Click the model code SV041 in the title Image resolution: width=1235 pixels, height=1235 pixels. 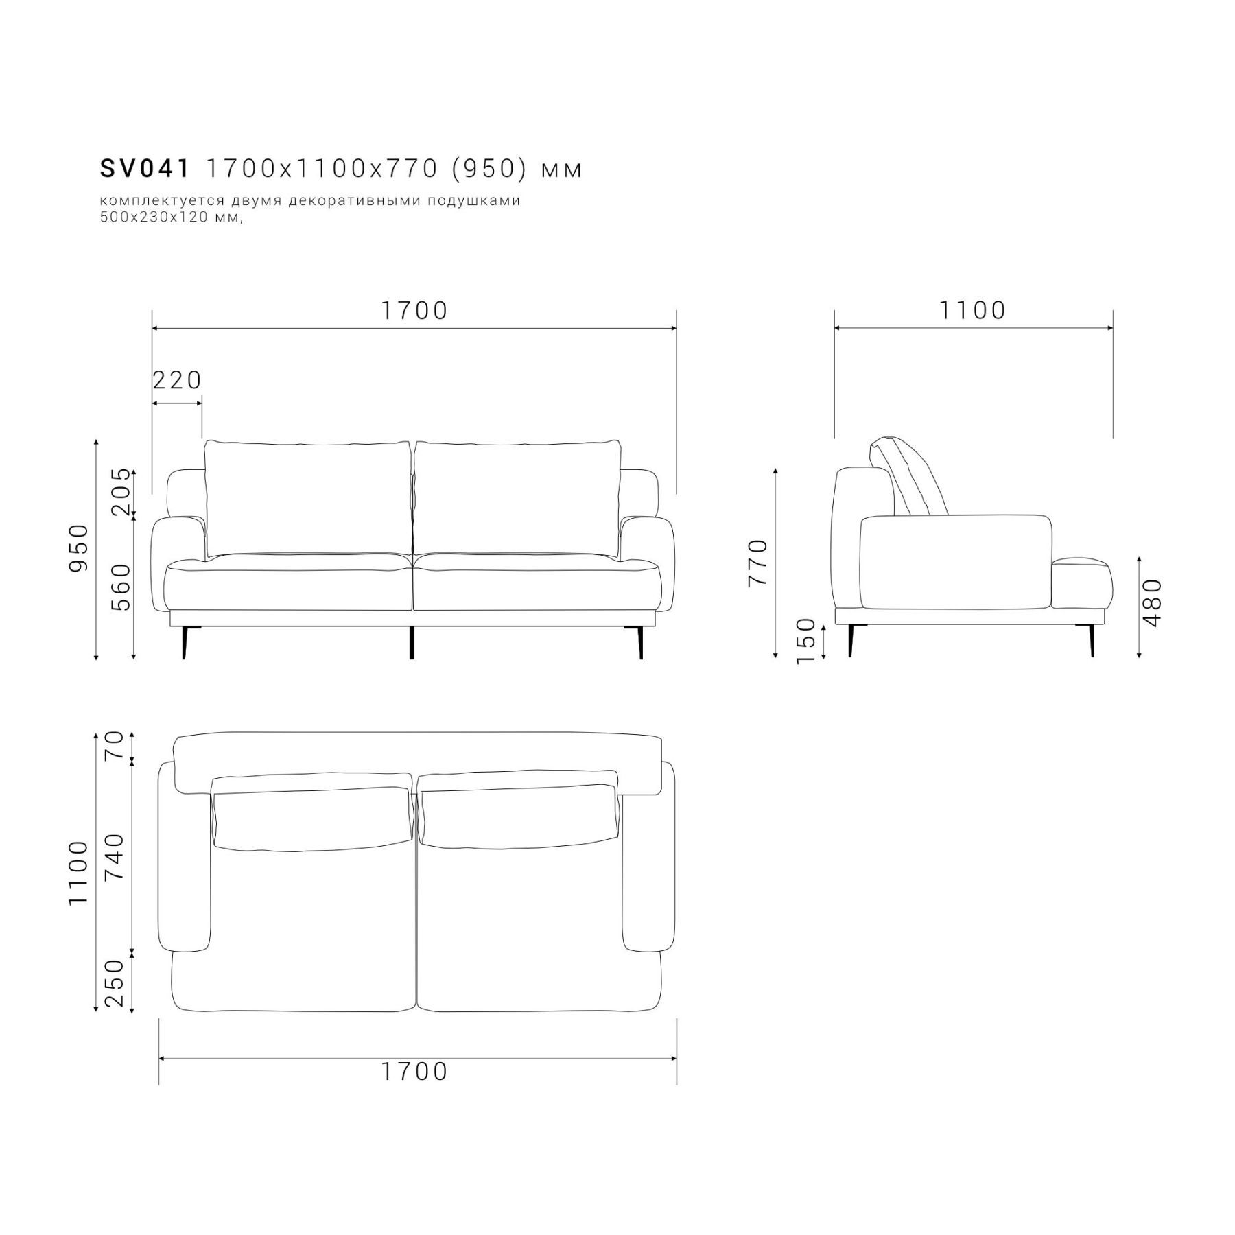coord(145,169)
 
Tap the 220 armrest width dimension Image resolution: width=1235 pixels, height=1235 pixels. coord(177,379)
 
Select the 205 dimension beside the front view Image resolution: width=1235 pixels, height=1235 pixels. coord(121,491)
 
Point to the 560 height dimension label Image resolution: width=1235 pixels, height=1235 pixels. coord(121,587)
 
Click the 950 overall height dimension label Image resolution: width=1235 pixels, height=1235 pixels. coord(79,548)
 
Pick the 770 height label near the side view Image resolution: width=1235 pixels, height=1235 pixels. coord(758,563)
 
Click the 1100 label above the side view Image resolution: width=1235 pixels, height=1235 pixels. coord(972,310)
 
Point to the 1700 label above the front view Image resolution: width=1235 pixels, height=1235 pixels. coord(414,310)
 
